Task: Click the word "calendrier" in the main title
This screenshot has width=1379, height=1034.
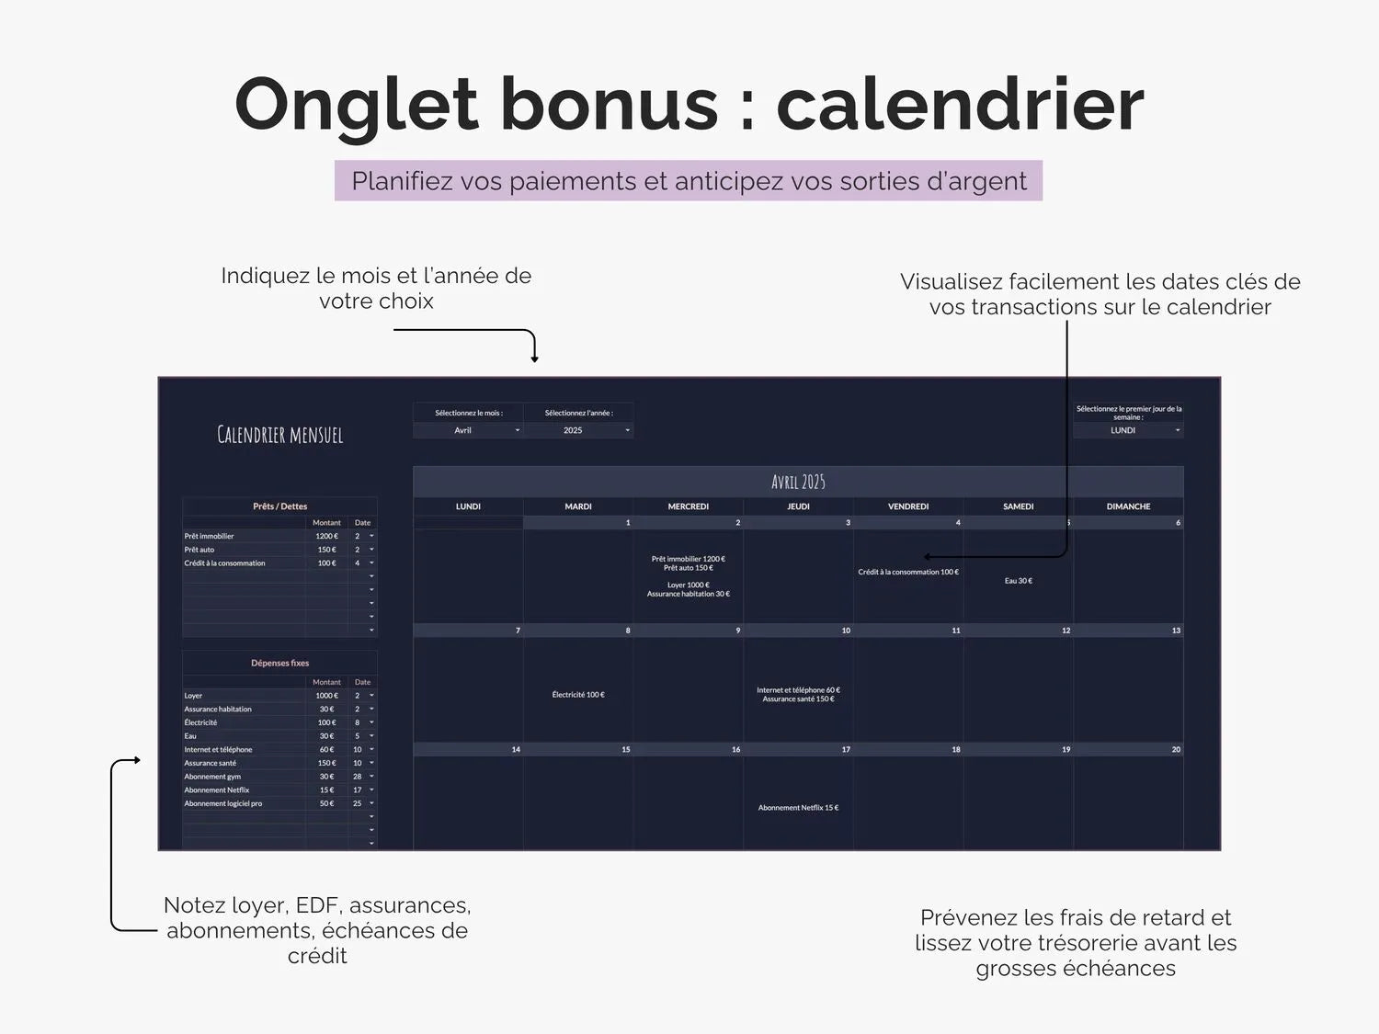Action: point(960,104)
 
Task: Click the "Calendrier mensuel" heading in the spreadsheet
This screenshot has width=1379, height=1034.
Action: point(279,435)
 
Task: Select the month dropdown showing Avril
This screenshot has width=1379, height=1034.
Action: point(468,430)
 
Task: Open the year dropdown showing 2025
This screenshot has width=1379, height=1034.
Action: point(578,430)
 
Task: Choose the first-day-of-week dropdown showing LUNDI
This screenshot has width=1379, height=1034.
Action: point(1128,430)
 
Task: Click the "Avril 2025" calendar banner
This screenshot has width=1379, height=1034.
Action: point(798,482)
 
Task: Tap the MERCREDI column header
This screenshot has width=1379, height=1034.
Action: point(688,506)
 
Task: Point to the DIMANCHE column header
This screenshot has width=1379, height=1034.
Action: point(1128,506)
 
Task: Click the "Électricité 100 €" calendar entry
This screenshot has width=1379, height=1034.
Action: point(578,695)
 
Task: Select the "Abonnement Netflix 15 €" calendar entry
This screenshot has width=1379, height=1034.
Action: point(798,808)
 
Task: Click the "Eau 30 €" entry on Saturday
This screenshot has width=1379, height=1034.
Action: point(1018,581)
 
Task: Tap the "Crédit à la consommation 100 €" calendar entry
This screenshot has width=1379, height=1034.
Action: point(908,572)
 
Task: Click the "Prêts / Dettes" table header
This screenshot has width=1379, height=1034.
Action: point(279,506)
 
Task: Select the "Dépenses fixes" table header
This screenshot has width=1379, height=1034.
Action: point(279,663)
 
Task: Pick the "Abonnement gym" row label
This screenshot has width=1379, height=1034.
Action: point(212,777)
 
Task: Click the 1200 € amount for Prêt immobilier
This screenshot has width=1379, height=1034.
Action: point(326,536)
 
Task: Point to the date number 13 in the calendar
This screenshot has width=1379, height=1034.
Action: point(1176,631)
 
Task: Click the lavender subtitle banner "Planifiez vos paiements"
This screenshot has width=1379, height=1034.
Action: point(689,181)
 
